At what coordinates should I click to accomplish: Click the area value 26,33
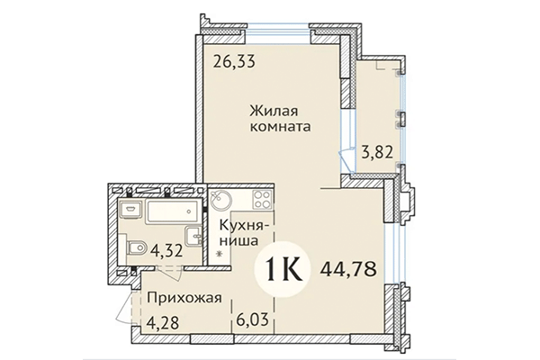tap(235, 62)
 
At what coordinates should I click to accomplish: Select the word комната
tap(281, 128)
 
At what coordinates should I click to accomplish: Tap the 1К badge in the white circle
tap(286, 266)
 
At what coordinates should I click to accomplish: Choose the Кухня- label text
tap(238, 224)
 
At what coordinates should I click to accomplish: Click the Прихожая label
tap(178, 300)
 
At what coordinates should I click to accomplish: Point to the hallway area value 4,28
tap(162, 320)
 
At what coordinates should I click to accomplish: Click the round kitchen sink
tap(222, 201)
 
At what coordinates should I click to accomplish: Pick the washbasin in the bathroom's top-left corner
tap(127, 209)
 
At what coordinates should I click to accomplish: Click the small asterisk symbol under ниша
tap(220, 256)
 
